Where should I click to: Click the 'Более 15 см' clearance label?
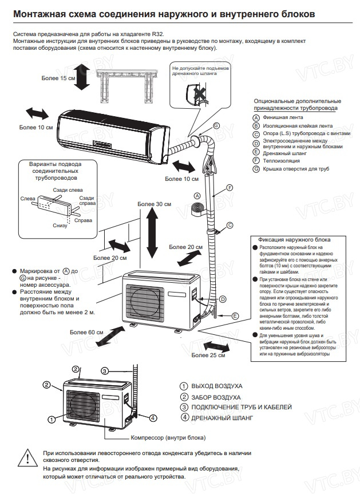coord(59,78)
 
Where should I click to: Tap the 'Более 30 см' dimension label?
coord(155,204)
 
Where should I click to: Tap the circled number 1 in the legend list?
coord(184,386)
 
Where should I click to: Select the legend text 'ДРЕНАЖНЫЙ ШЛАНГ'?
coord(223,418)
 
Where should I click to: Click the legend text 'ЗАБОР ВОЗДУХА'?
coord(216,397)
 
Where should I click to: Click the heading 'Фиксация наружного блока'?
coord(297,239)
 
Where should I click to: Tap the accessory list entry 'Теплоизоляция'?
coord(281,161)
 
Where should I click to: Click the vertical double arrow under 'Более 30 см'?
coord(152,235)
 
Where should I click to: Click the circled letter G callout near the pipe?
coord(216,125)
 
